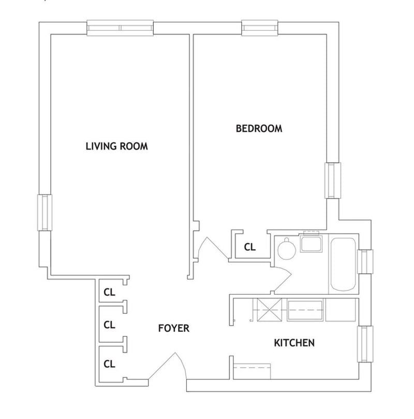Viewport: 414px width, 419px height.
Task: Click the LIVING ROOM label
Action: (x=116, y=146)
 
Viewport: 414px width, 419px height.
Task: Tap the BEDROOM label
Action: (x=259, y=129)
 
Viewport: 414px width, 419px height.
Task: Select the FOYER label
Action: (x=174, y=328)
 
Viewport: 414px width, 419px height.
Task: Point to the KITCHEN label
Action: (x=294, y=343)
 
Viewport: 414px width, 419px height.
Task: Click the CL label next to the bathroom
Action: (x=249, y=247)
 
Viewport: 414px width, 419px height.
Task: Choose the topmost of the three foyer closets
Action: (x=109, y=291)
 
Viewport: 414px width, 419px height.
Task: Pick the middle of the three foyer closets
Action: (x=109, y=325)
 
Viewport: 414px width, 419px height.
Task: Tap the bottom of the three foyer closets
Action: (x=109, y=363)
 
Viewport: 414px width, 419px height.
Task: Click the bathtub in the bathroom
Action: (x=343, y=264)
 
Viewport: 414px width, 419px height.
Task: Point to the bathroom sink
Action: (x=312, y=243)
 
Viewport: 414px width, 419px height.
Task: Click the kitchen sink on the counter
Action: (x=306, y=310)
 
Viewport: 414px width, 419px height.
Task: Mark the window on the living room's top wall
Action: (x=120, y=27)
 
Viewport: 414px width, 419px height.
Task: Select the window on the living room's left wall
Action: (x=45, y=212)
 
